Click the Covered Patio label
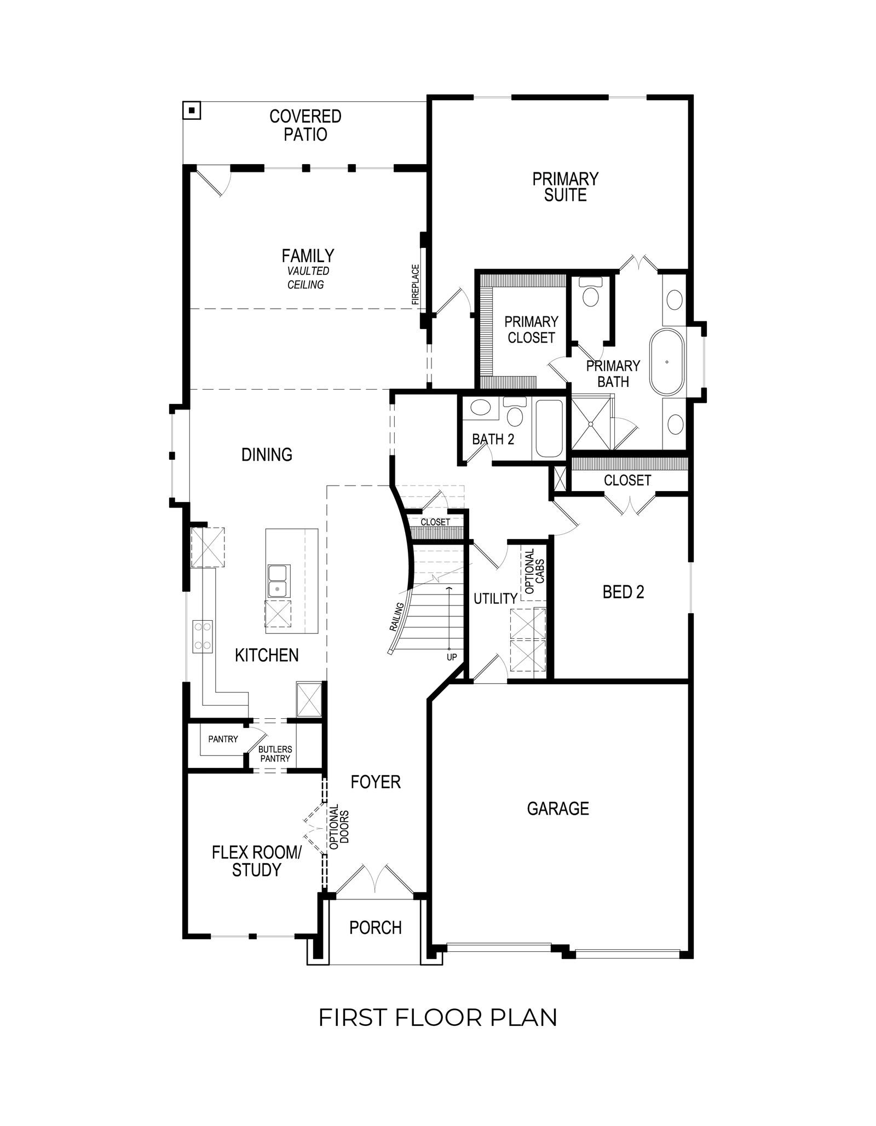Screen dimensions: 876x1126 click(305, 125)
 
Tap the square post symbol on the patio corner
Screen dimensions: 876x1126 click(192, 111)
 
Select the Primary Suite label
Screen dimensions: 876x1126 click(565, 187)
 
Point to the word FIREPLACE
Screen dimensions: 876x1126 click(416, 285)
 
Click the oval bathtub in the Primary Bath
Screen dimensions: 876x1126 click(666, 362)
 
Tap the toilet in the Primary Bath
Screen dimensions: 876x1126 click(591, 292)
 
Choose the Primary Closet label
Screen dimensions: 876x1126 click(531, 330)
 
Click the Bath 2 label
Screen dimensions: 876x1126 click(493, 439)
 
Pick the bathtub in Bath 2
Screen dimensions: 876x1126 click(549, 429)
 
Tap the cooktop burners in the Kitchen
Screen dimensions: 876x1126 click(202, 636)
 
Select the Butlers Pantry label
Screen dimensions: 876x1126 click(275, 754)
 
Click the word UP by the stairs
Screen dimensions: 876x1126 click(452, 657)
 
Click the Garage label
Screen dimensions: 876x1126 click(558, 809)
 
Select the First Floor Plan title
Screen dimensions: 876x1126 click(438, 1018)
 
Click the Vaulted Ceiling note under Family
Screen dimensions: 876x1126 click(308, 278)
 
